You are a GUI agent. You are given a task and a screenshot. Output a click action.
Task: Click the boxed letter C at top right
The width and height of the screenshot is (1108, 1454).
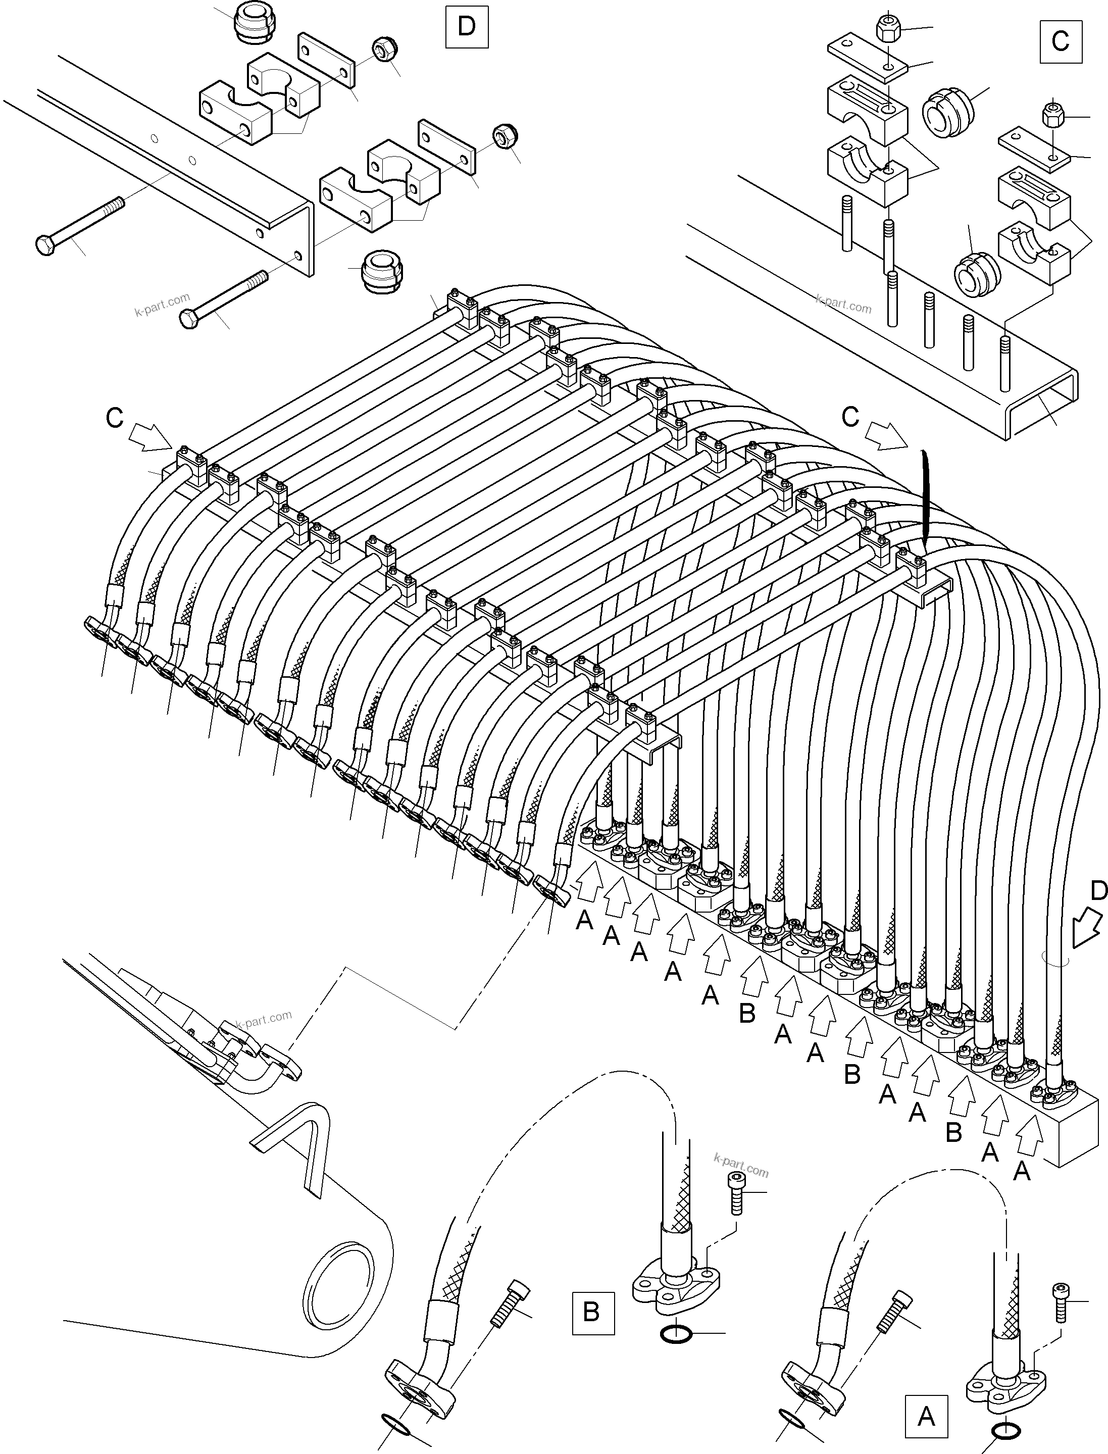[1061, 41]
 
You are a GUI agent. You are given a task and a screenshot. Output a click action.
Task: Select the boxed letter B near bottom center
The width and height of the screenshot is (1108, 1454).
[591, 1312]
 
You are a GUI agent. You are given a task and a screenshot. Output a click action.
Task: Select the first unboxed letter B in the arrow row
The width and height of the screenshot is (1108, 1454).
[746, 1014]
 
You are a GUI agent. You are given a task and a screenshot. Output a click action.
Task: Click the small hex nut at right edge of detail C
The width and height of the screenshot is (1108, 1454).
[1050, 117]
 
